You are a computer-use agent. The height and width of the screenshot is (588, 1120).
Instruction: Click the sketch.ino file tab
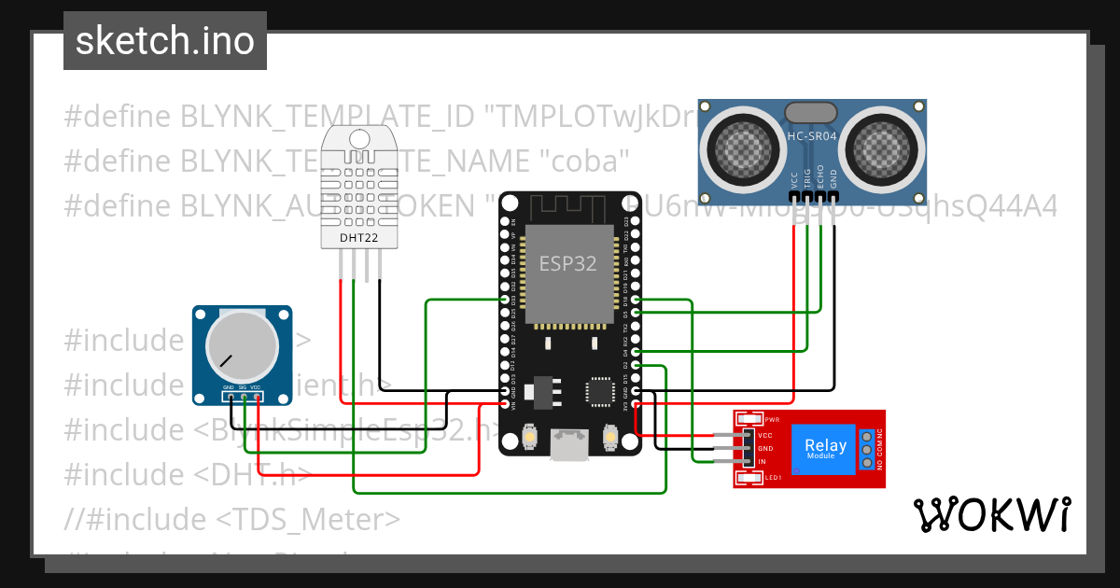[164, 42]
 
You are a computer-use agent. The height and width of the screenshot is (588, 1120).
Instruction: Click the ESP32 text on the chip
[567, 263]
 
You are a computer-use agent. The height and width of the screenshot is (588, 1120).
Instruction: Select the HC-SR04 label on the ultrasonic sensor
[812, 136]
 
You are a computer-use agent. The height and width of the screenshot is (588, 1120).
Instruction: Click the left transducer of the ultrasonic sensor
[745, 145]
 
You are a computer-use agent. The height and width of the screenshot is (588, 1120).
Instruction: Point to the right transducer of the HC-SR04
[881, 145]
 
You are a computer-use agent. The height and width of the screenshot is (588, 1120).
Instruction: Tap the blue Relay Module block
[826, 449]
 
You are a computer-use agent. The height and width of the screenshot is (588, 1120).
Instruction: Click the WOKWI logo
[991, 514]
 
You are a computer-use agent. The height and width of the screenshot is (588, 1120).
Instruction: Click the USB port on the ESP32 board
[569, 443]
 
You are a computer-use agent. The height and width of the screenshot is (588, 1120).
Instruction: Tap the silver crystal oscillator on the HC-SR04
[812, 113]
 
